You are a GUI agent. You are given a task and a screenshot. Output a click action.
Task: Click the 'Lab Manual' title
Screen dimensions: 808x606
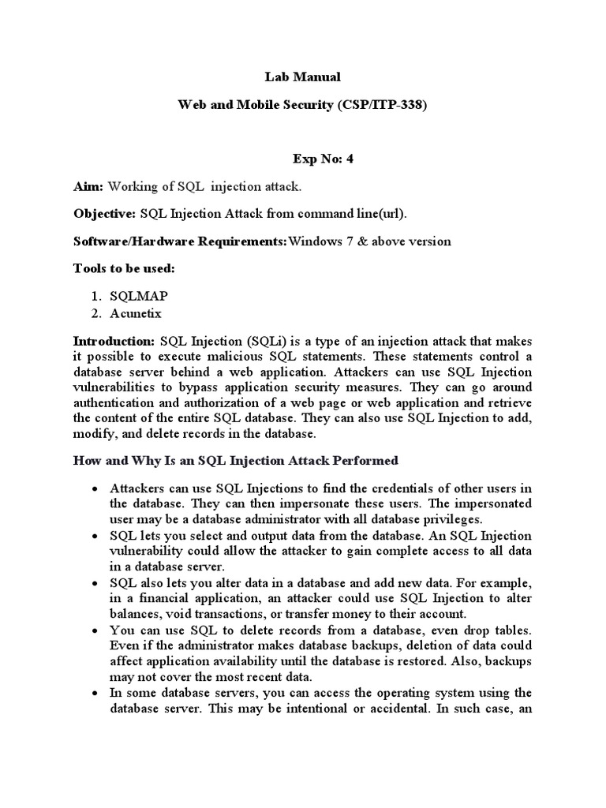click(302, 77)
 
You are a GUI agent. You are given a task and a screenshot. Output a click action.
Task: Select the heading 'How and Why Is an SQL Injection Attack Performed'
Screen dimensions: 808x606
click(236, 460)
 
